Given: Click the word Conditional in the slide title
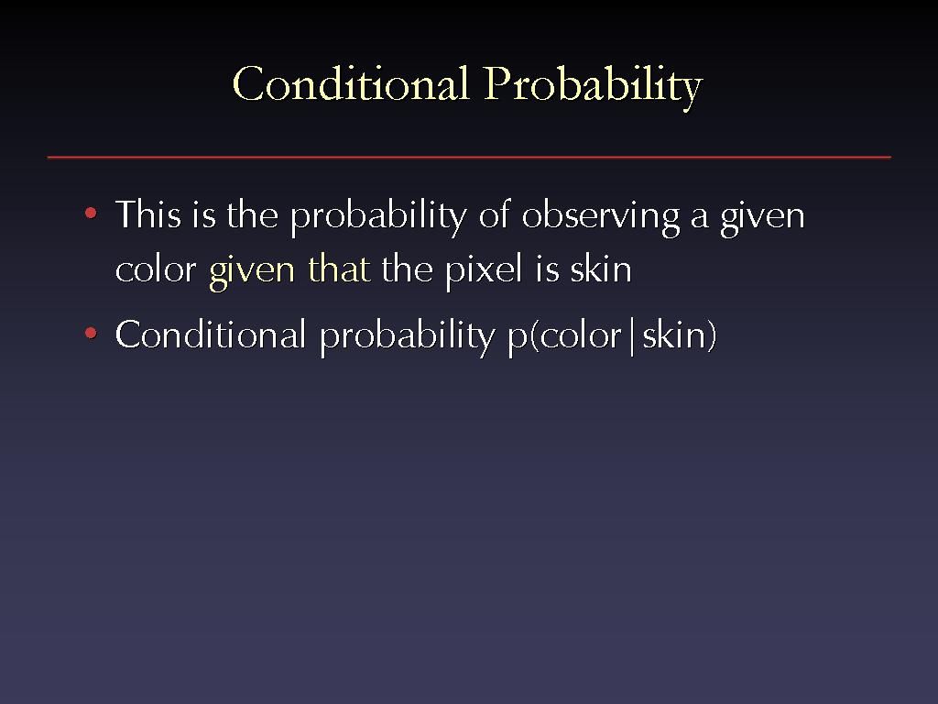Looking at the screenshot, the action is [x=351, y=83].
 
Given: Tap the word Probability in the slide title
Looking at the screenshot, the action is [x=594, y=86].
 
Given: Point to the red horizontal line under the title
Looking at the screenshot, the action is [x=469, y=158].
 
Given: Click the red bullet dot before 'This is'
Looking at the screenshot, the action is [x=91, y=213].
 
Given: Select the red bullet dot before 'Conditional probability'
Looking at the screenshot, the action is [x=91, y=333].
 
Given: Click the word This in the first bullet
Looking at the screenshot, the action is [x=147, y=214].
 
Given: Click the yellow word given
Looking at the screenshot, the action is [x=252, y=271].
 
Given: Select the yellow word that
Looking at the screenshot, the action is [x=339, y=268].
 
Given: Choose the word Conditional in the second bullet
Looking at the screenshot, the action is [x=211, y=334].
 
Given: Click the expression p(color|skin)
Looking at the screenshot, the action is [x=612, y=336].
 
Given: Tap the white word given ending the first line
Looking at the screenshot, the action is [x=763, y=216].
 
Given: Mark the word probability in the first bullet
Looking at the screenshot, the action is [x=378, y=216].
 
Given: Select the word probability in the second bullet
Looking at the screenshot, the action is [x=408, y=336].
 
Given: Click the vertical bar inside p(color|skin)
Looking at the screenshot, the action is [x=632, y=336].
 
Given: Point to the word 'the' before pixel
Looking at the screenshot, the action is [x=407, y=268].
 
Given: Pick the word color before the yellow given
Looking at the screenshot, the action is [x=156, y=269].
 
